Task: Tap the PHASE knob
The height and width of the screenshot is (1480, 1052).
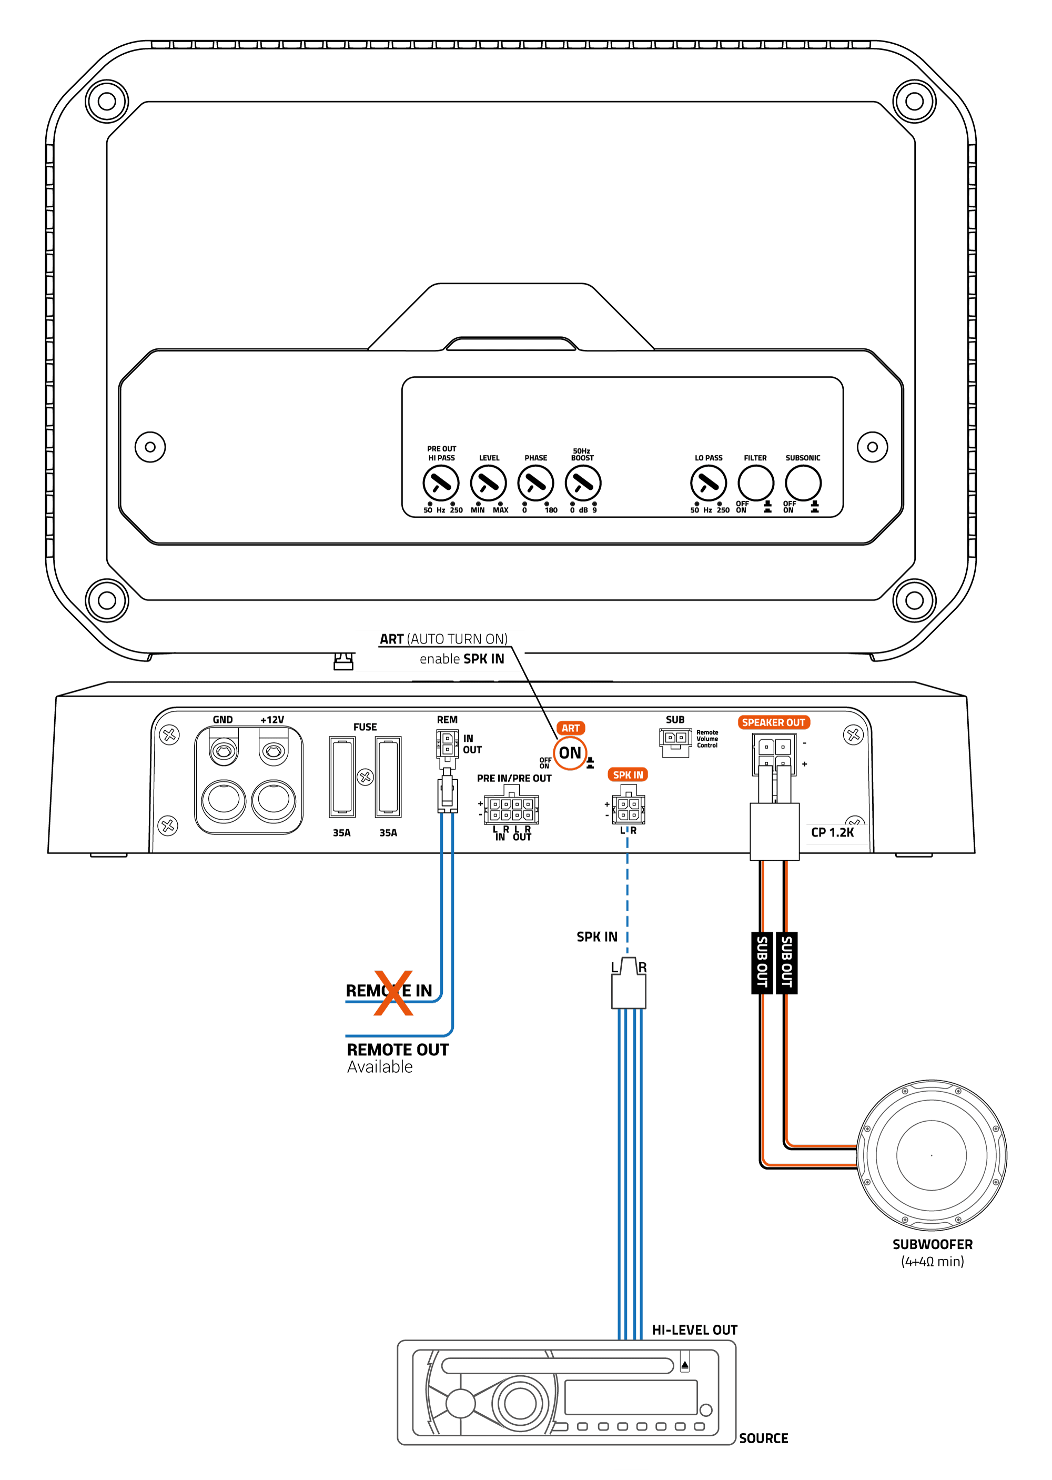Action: point(535,484)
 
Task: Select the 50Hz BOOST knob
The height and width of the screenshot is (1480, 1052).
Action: point(583,484)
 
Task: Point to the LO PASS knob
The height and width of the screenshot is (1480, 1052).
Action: point(709,484)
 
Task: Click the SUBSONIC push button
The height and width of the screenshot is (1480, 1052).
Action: point(803,484)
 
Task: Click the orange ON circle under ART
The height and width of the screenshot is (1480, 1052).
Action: point(570,753)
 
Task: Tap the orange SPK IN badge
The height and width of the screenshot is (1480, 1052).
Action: point(628,774)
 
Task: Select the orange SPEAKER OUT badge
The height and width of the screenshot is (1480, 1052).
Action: point(773,722)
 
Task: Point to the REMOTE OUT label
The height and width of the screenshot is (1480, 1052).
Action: point(398,1050)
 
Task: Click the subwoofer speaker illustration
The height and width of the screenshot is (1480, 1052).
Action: point(932,1155)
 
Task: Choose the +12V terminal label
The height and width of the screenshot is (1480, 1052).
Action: point(272,720)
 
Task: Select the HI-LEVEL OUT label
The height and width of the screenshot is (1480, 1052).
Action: point(694,1330)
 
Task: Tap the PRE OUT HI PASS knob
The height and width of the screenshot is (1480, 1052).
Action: point(441,484)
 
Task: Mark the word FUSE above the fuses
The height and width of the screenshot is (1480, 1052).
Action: point(365,727)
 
